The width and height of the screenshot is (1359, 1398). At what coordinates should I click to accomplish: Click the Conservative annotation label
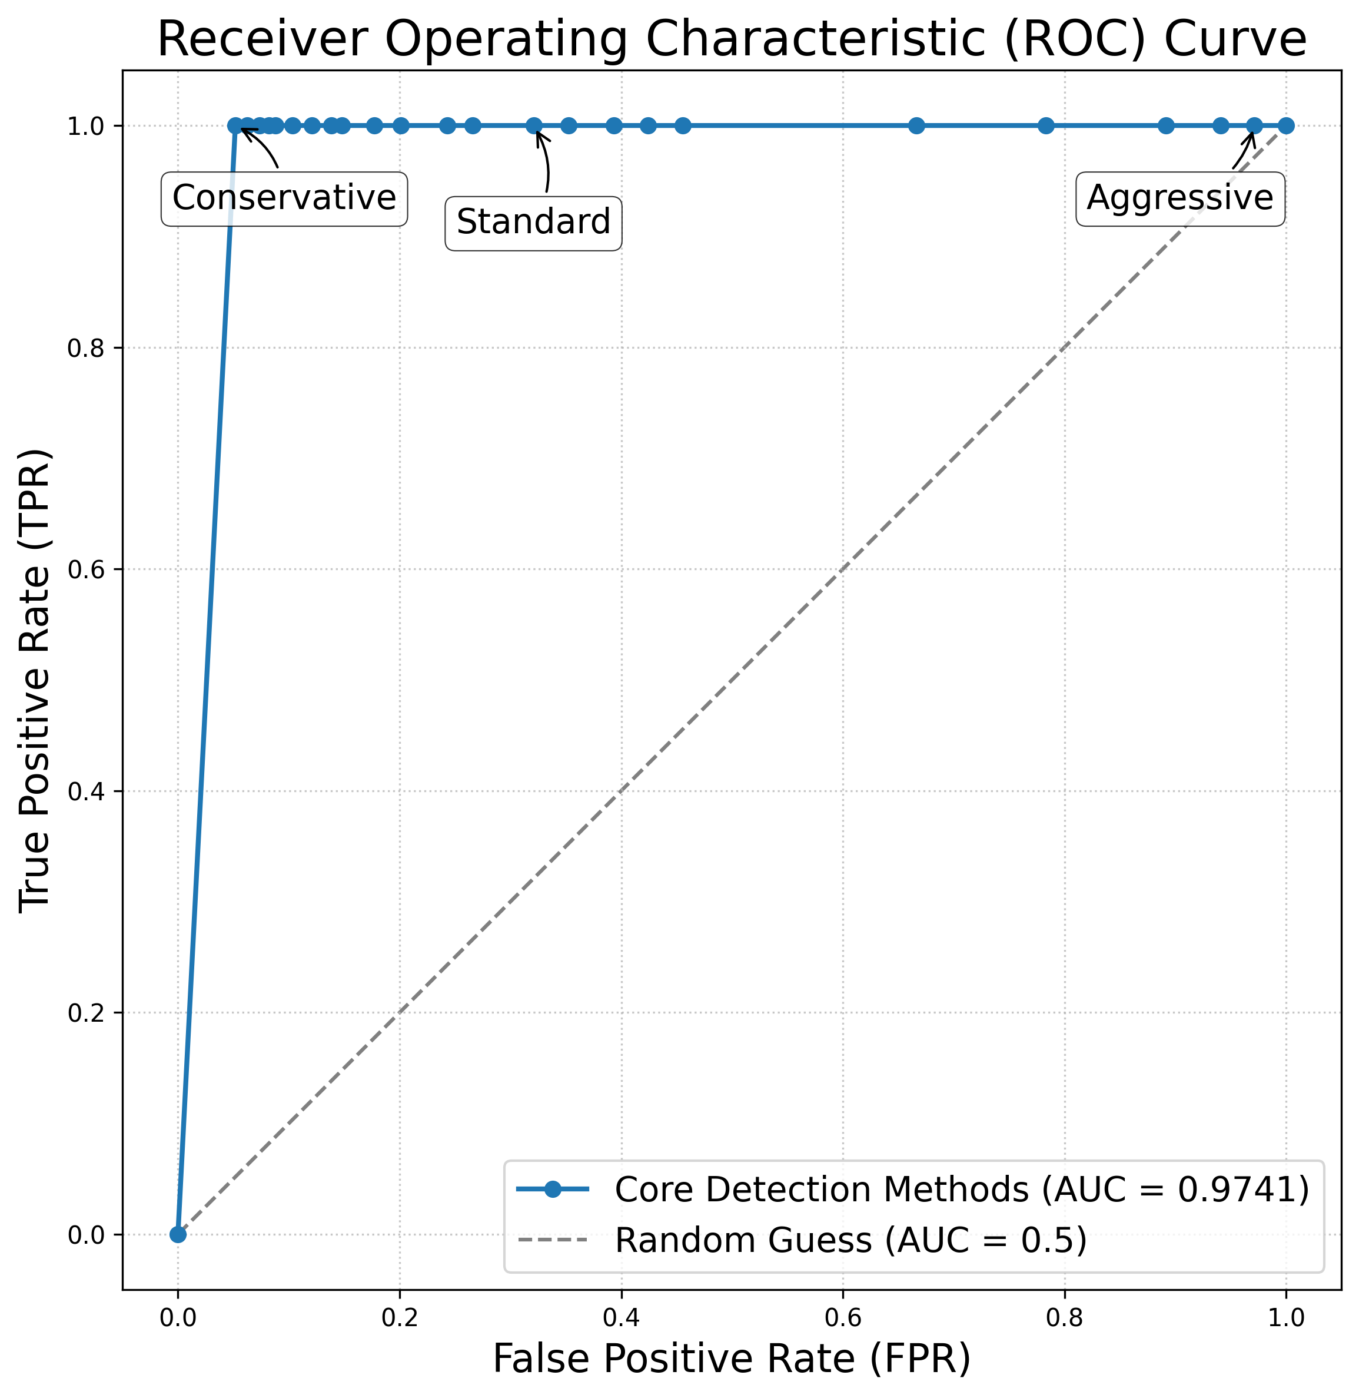tap(284, 198)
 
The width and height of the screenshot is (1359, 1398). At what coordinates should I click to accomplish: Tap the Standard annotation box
tap(533, 223)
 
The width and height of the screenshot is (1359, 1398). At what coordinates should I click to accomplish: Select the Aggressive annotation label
tap(1180, 198)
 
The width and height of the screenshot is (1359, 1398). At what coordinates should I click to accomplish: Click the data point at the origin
tap(178, 1234)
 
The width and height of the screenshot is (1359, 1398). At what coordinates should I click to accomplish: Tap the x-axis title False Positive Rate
tap(732, 1359)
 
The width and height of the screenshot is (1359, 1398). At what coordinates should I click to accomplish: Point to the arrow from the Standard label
tap(546, 163)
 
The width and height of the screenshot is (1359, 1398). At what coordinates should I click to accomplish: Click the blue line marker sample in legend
tap(553, 1189)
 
